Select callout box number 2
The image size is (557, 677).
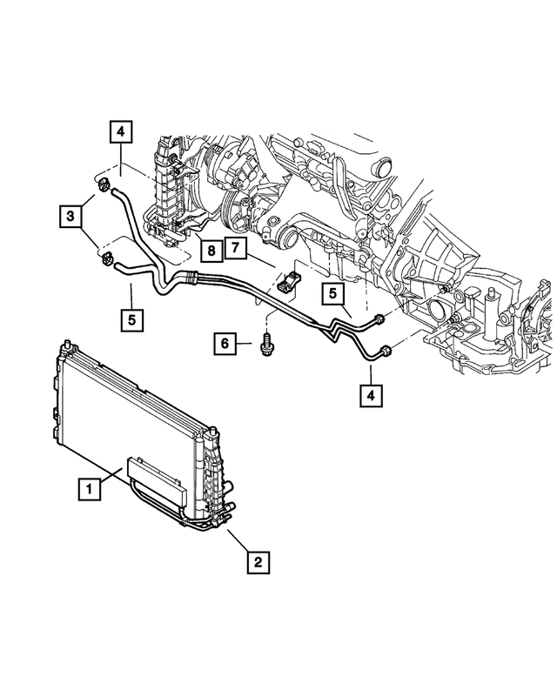(x=256, y=562)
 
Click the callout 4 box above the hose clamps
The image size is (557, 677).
(x=121, y=133)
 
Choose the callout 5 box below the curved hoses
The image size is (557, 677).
(x=131, y=318)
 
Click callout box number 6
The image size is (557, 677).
(x=225, y=345)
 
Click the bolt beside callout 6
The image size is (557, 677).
(x=265, y=345)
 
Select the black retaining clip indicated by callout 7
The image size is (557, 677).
(x=288, y=282)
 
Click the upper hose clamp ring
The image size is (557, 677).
(x=104, y=184)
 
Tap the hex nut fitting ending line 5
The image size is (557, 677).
(x=378, y=319)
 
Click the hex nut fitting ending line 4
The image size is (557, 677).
(x=384, y=351)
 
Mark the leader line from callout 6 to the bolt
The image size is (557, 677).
(x=245, y=345)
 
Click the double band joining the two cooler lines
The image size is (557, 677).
(x=187, y=279)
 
